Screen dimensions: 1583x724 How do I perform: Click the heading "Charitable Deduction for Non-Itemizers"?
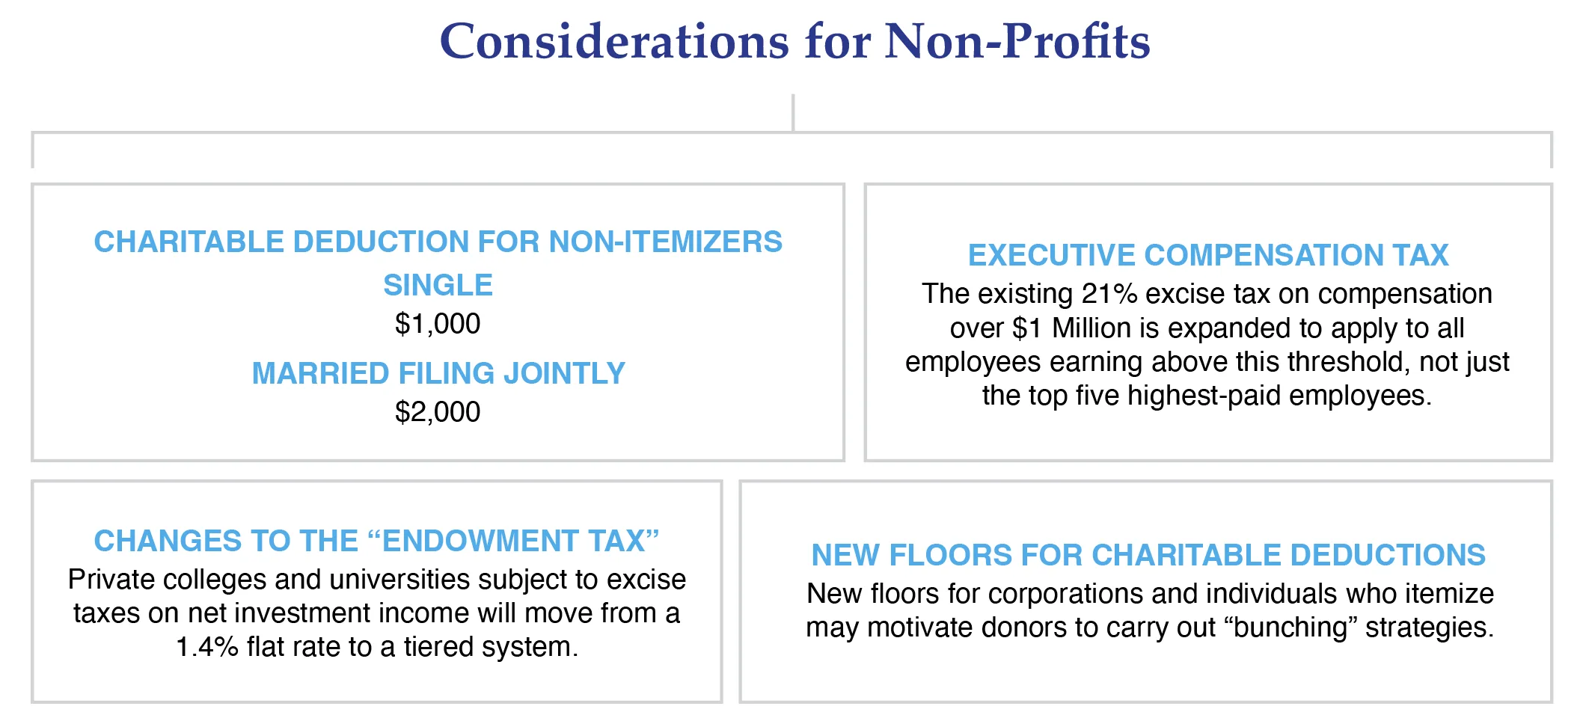[x=438, y=242]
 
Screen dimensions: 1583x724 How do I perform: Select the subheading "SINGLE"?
[x=438, y=285]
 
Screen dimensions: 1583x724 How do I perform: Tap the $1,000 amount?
[x=438, y=324]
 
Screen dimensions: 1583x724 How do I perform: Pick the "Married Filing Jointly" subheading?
[x=438, y=373]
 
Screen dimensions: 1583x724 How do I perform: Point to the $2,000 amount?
[x=438, y=412]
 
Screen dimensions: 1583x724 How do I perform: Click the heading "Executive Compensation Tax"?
[x=1208, y=255]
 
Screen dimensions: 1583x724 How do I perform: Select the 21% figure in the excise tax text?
[x=1109, y=294]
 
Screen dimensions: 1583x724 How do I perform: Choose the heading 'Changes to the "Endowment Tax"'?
[x=376, y=541]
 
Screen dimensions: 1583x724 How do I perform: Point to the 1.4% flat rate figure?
[x=207, y=647]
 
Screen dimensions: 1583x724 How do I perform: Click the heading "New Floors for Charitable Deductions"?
[x=1148, y=555]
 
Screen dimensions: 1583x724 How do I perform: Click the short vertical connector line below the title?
[x=793, y=112]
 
